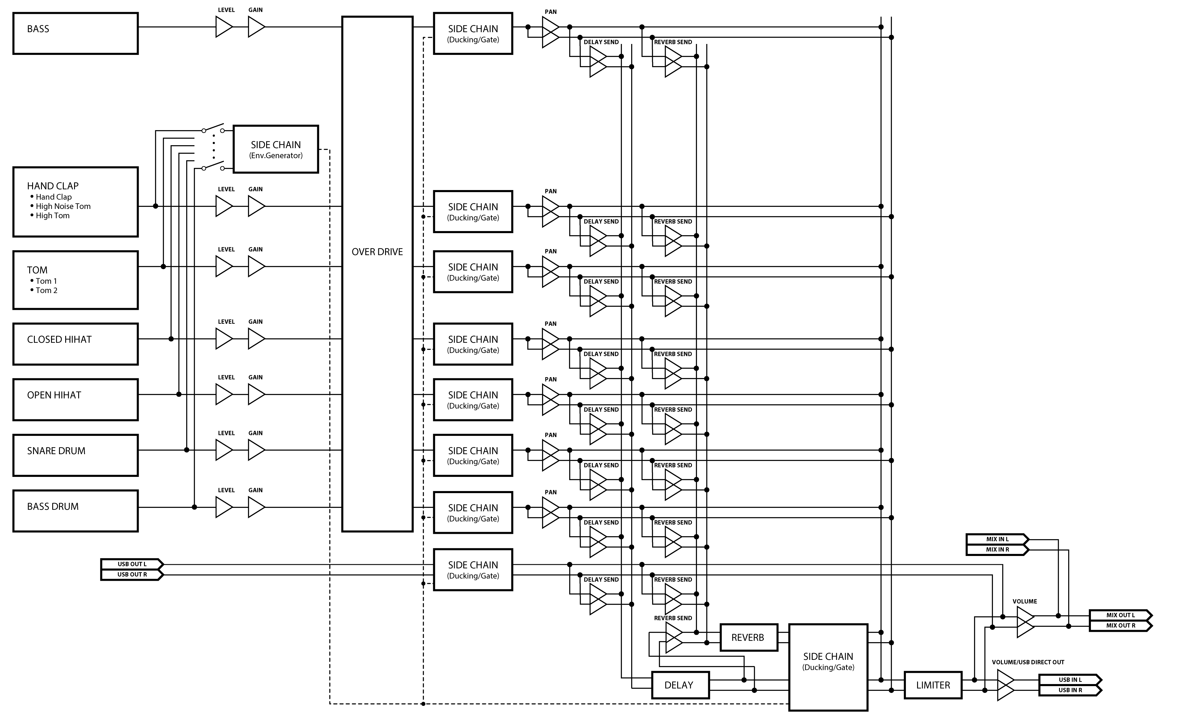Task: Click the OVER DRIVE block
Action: (x=377, y=274)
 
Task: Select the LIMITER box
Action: (x=933, y=685)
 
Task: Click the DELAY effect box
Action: (x=680, y=685)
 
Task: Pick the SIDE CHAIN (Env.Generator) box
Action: (x=276, y=149)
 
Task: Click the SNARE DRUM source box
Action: (x=76, y=455)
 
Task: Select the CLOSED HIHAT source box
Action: (x=76, y=344)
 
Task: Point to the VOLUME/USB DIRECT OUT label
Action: (x=1028, y=662)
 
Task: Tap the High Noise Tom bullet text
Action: (x=63, y=206)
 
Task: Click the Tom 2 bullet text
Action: (x=47, y=291)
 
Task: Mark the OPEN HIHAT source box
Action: (x=76, y=400)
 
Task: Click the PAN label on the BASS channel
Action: (x=551, y=12)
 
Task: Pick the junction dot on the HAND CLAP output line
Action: (x=156, y=206)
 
